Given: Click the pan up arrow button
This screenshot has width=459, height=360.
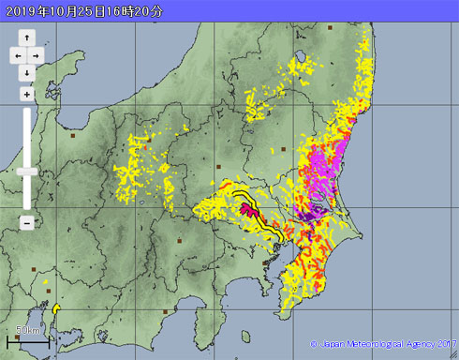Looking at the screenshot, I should pos(27,38).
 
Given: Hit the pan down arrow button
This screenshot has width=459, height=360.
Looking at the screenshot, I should pos(27,72).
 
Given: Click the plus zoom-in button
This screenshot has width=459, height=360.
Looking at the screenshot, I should pos(27,94).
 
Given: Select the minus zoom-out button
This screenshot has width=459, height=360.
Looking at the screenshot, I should pos(27,222).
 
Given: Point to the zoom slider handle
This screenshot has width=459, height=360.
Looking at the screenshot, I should pos(27,172).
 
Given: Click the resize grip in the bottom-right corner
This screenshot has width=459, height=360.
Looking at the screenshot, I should pos(453,354).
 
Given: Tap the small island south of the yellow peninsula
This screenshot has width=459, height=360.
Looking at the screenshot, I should pos(246,337).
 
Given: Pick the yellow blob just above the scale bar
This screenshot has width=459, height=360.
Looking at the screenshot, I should pos(56,307).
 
